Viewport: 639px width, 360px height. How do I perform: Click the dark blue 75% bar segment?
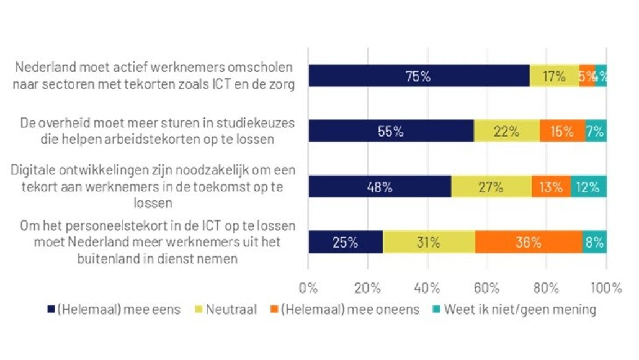click(x=419, y=76)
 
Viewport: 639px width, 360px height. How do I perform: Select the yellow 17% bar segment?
click(x=554, y=76)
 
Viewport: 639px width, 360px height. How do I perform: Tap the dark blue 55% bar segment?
click(x=391, y=132)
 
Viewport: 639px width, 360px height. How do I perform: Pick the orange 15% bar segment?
click(x=562, y=132)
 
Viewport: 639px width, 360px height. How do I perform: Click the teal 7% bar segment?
click(x=596, y=132)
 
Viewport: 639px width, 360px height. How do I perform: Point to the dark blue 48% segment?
click(x=380, y=187)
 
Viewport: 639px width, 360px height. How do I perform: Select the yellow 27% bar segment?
click(x=491, y=187)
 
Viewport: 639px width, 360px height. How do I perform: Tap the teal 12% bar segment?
click(x=588, y=187)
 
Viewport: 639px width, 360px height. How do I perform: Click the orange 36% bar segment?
click(x=529, y=242)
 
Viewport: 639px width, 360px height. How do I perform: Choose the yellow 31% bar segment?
click(x=429, y=242)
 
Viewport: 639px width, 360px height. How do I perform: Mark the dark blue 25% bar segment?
click(x=346, y=242)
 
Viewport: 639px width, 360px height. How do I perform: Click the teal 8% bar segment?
click(x=594, y=242)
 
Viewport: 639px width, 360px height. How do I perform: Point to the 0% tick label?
click(x=308, y=288)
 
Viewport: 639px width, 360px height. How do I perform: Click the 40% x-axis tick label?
click(x=427, y=288)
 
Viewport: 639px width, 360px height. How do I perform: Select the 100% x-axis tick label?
click(x=605, y=288)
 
